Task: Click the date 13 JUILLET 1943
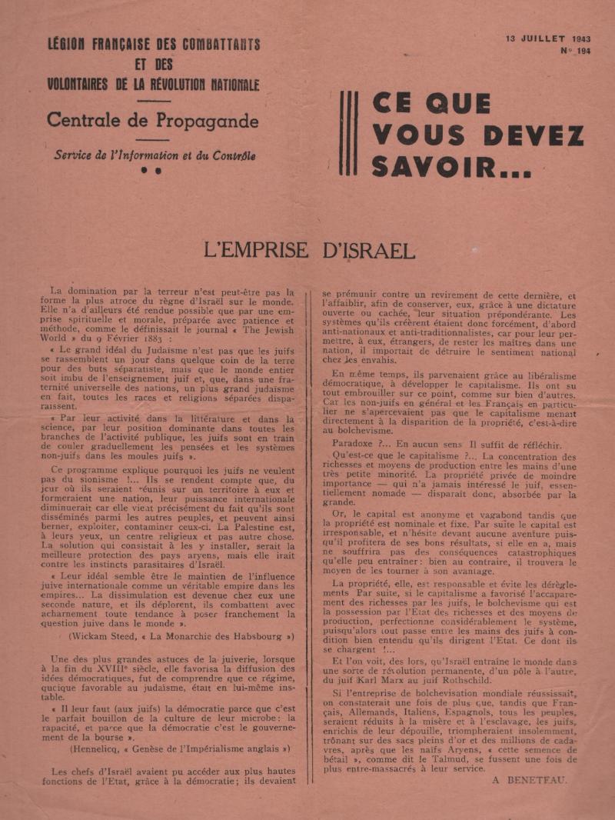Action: (x=547, y=38)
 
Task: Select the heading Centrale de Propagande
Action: (x=152, y=121)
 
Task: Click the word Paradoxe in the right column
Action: (x=359, y=444)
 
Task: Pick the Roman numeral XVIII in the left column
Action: (x=131, y=668)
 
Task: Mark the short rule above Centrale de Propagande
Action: (x=152, y=101)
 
